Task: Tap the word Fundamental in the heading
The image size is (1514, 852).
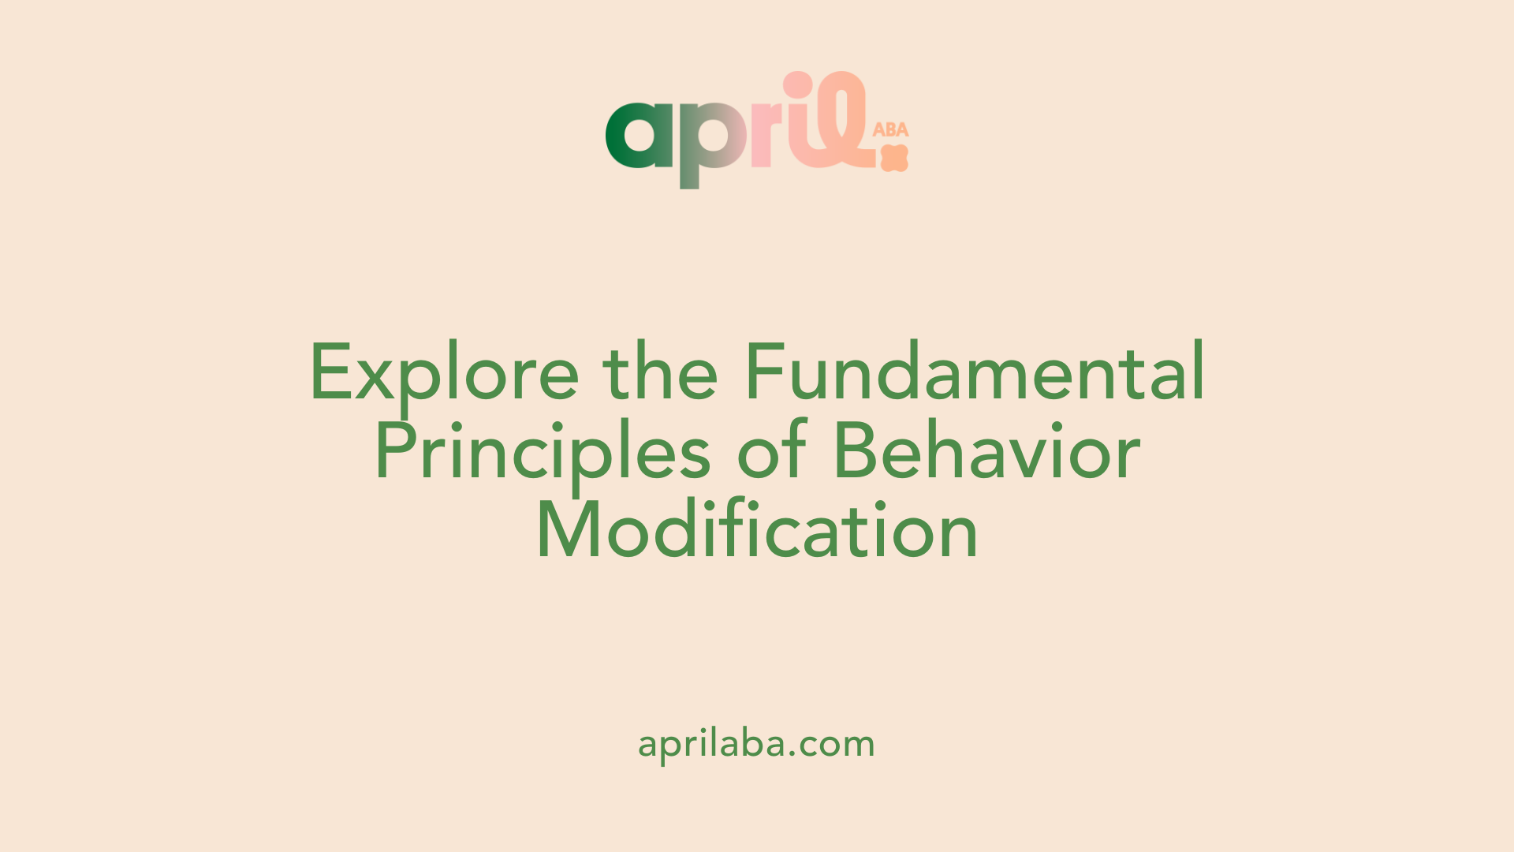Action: (x=975, y=371)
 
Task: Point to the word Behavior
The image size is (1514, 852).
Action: (x=986, y=450)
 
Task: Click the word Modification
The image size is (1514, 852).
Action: (x=757, y=529)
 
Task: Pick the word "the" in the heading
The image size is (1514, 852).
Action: (x=661, y=371)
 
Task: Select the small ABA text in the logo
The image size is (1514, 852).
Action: (x=891, y=129)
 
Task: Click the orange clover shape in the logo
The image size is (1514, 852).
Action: (x=894, y=158)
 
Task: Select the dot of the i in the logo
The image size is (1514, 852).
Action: (x=797, y=84)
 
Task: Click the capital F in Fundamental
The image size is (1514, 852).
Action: (x=766, y=371)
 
